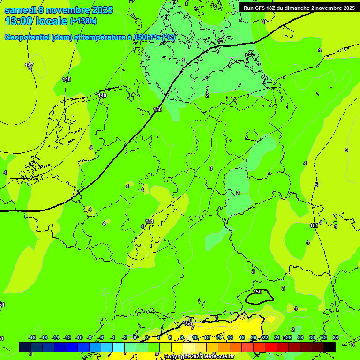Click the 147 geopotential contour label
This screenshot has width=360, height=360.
point(29,65)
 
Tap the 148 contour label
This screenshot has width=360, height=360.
point(67,79)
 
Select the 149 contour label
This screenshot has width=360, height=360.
point(102,95)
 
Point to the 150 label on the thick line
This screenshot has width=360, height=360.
point(157,109)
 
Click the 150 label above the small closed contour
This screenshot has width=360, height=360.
point(257,292)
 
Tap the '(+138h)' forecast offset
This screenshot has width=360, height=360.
point(83,21)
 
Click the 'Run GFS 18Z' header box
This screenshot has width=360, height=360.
point(299,7)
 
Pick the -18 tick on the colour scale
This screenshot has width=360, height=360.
point(32,337)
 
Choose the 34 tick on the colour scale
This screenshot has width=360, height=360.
point(336,337)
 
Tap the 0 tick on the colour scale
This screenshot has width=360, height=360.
point(135,337)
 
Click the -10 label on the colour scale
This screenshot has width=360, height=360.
point(78,337)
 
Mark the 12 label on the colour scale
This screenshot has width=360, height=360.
point(207,337)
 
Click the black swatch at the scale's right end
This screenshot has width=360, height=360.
point(330,347)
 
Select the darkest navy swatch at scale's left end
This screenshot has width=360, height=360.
point(25,347)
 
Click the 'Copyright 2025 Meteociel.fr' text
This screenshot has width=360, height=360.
point(198,357)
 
